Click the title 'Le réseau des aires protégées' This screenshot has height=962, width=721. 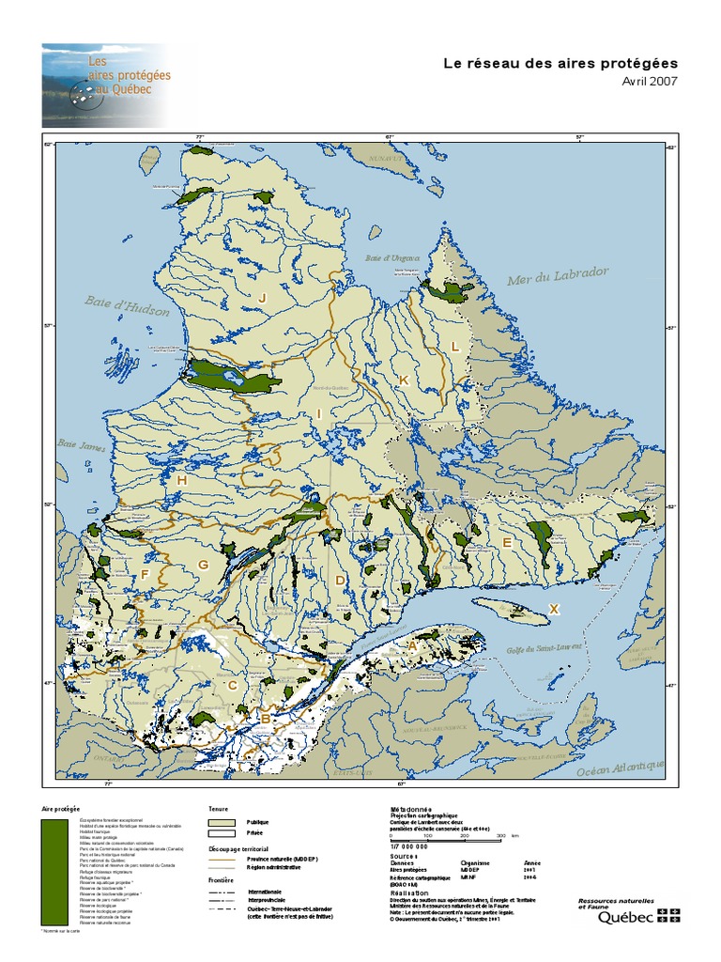pos(560,63)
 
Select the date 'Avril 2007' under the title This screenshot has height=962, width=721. pos(650,81)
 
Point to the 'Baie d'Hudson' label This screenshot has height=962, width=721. pos(127,305)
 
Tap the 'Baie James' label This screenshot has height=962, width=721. pos(80,444)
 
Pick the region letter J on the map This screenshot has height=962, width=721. pos(263,298)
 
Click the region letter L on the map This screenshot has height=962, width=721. pos(454,346)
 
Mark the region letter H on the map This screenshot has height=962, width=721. pos(181,481)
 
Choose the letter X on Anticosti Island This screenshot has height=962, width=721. pos(554,610)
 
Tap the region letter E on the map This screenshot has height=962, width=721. pos(506,543)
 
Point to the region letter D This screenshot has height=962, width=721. pos(340,581)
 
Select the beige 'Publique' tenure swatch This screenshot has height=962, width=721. pos(222,822)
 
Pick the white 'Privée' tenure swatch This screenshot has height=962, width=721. pos(222,833)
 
